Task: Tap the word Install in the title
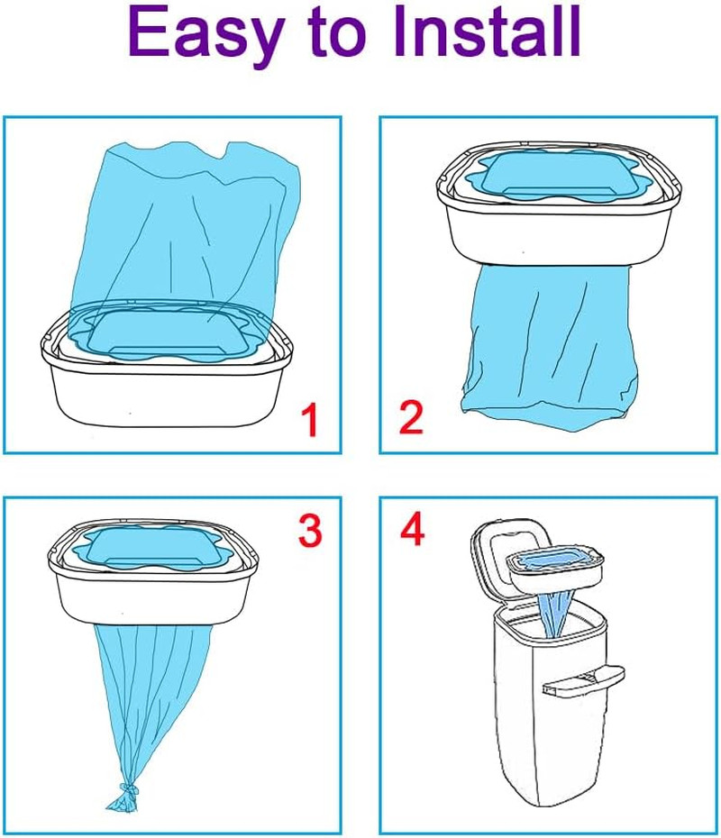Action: click(x=487, y=31)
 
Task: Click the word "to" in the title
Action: click(x=338, y=34)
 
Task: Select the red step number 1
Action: click(x=309, y=420)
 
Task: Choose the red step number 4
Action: click(x=412, y=528)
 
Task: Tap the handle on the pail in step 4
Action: click(x=583, y=680)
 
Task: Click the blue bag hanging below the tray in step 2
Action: click(x=550, y=342)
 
